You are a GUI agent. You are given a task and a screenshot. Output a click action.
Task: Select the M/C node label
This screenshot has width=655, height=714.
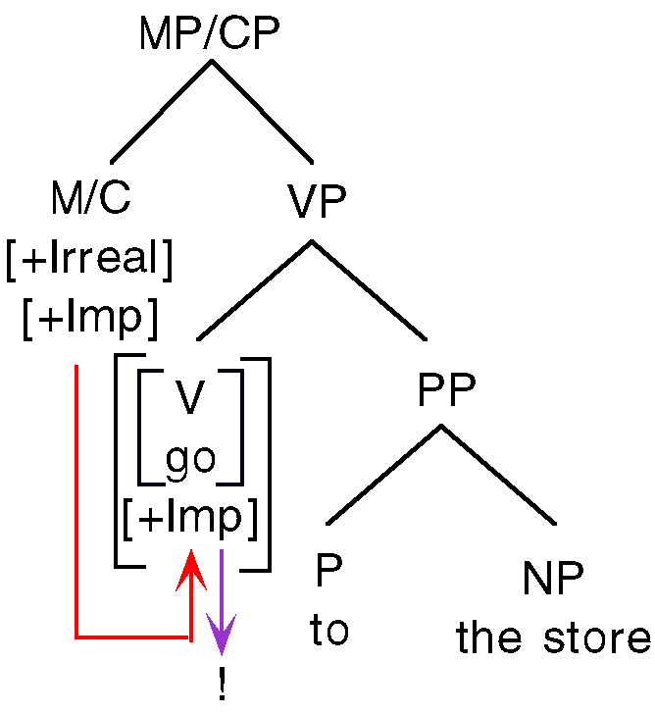[90, 200]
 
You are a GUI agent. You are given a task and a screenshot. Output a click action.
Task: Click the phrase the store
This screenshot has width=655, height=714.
[553, 637]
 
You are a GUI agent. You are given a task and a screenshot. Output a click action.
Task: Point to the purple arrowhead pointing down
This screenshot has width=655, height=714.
[223, 641]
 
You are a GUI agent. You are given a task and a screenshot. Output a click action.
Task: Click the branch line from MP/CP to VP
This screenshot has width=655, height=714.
[262, 112]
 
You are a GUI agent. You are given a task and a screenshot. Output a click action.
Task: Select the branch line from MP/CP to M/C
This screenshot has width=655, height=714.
[161, 112]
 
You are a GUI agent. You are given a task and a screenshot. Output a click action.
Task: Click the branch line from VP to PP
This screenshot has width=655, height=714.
[370, 291]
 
